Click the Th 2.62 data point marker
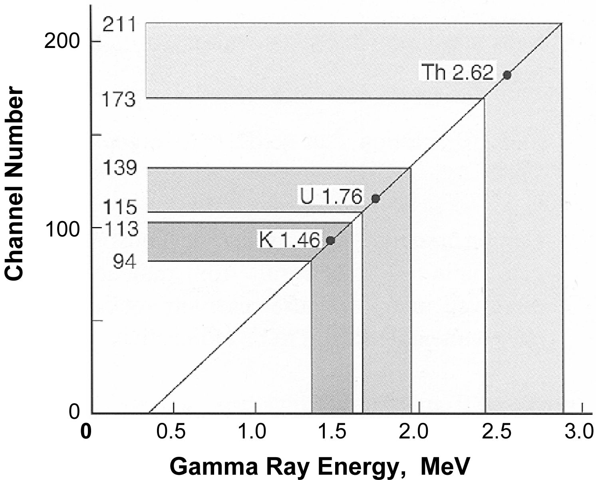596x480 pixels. (x=507, y=75)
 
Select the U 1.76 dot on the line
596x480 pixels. (x=375, y=198)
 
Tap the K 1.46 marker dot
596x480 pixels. (x=330, y=241)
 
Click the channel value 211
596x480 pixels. (x=119, y=26)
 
